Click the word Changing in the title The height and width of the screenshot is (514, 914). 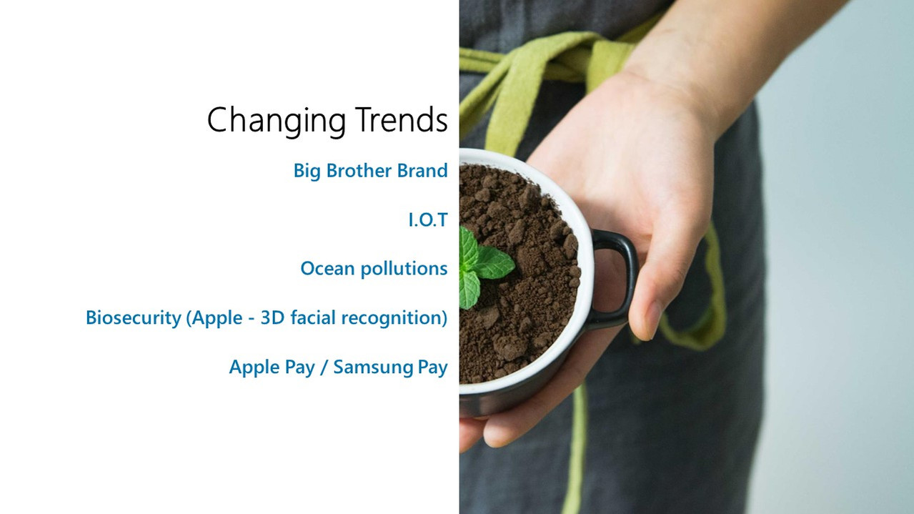(x=277, y=120)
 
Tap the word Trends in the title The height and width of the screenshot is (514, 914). (x=401, y=119)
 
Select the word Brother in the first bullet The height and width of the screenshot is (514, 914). (x=359, y=171)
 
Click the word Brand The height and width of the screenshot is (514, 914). (x=422, y=171)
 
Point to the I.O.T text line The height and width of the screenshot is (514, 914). (x=428, y=219)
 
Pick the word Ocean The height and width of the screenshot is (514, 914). (x=327, y=269)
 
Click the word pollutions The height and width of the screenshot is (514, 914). (x=404, y=270)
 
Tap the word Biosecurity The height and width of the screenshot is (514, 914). (x=134, y=318)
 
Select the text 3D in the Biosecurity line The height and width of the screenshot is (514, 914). (x=272, y=317)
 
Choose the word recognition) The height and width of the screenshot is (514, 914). (x=394, y=318)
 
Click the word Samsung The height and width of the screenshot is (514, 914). (x=373, y=367)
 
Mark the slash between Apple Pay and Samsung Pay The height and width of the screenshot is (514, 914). (x=324, y=367)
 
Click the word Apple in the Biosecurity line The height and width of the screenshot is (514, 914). (x=217, y=318)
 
